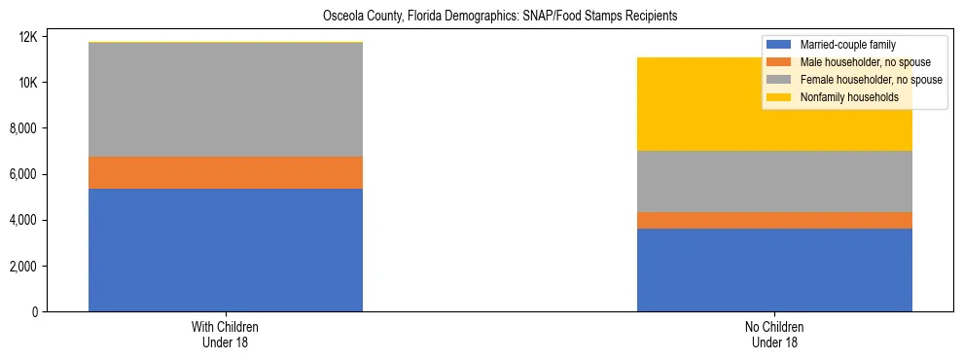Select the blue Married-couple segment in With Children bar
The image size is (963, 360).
[x=226, y=250]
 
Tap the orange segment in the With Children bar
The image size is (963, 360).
[x=226, y=172]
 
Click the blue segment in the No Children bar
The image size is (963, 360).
[x=774, y=270]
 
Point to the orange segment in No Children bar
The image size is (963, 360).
[x=774, y=220]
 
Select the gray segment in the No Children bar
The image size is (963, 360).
[x=774, y=181]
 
